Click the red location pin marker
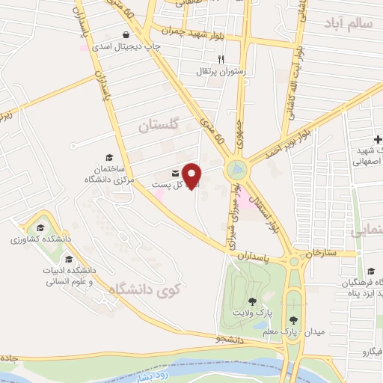point(192,175)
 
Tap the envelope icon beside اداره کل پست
point(175,172)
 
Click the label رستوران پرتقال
point(217,72)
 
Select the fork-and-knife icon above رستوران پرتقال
point(220,59)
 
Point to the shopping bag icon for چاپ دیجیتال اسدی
point(125,34)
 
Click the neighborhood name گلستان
point(161,127)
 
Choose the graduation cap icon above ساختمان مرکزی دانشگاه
point(110,158)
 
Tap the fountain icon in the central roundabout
point(237,170)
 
